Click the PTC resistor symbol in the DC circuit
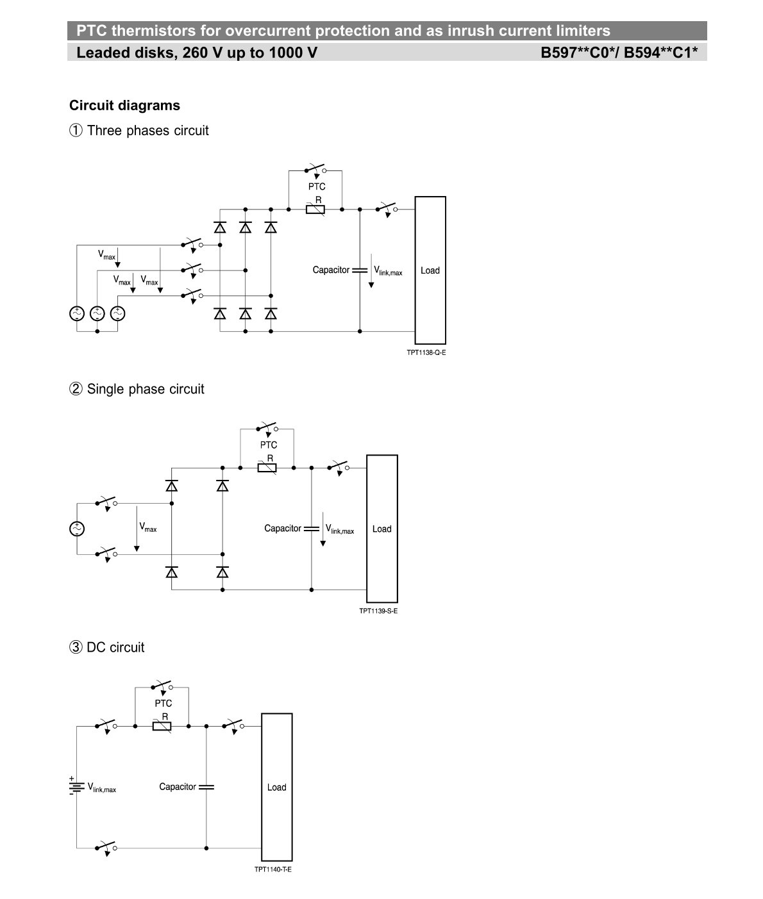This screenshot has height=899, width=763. [162, 726]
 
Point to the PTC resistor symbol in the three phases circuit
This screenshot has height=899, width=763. [315, 209]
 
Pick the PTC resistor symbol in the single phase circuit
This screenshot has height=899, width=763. [267, 468]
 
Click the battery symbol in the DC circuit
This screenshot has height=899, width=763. [76, 786]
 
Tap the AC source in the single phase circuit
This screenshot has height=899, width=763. [77, 529]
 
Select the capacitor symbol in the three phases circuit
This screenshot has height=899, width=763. [360, 270]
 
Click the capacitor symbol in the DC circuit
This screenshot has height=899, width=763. [206, 787]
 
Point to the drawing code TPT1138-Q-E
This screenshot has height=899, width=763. [426, 352]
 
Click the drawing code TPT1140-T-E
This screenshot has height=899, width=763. [273, 869]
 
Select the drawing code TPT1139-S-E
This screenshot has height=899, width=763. [378, 611]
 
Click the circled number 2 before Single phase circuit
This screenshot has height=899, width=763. [76, 388]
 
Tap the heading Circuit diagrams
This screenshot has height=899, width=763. [124, 105]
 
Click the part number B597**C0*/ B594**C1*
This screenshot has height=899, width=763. [619, 53]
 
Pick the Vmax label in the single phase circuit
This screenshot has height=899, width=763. [147, 527]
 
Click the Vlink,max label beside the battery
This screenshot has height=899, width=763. [102, 788]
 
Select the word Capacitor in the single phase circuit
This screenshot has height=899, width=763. [283, 528]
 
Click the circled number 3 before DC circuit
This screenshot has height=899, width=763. [76, 647]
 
